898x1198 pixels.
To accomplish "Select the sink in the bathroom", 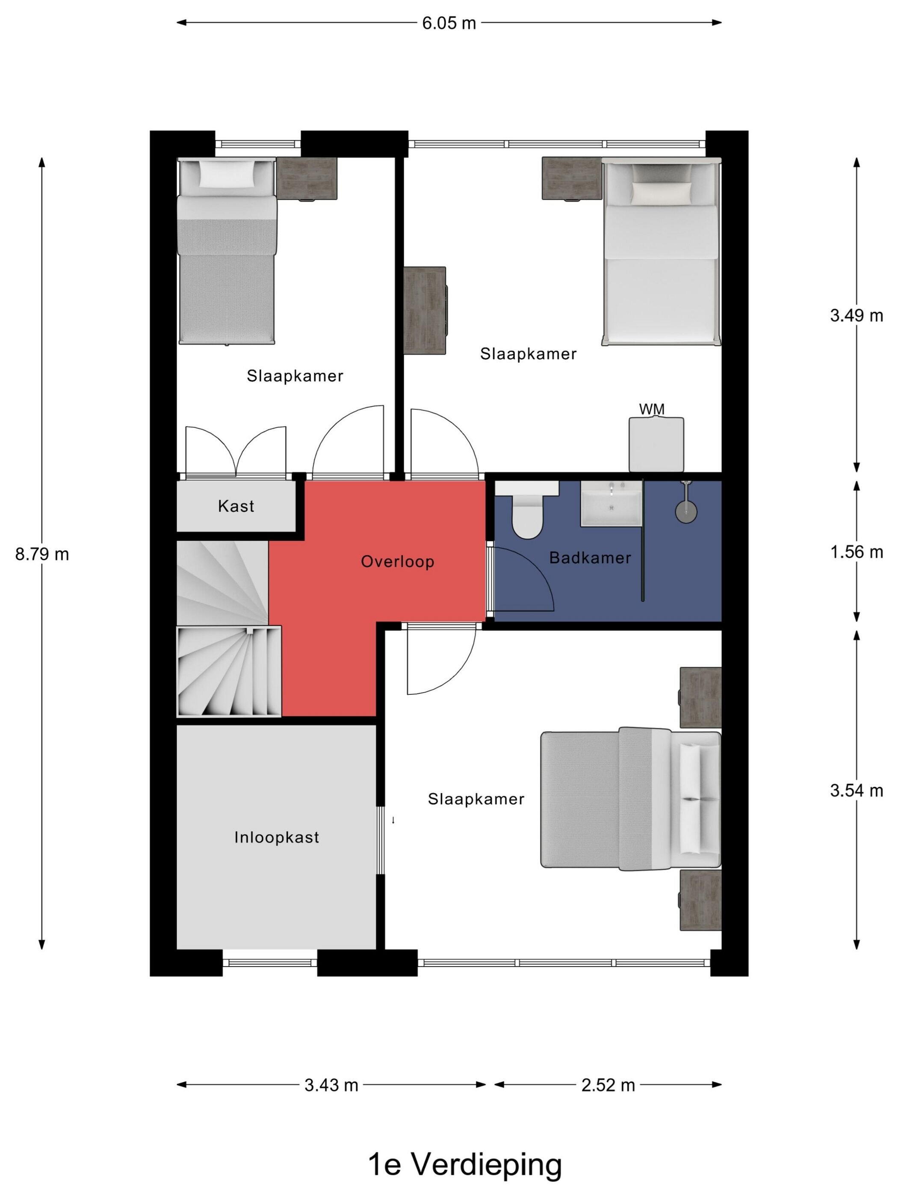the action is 611,503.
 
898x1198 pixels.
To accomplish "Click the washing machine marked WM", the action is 656,444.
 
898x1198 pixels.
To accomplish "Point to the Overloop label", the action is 397,562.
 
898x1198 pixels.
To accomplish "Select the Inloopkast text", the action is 277,837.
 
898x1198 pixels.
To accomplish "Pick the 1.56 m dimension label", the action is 857,552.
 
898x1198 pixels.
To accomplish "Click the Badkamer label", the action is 590,558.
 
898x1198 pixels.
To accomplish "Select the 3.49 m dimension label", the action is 857,315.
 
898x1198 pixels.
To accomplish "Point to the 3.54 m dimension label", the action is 857,791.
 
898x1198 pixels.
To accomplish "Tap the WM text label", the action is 652,409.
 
